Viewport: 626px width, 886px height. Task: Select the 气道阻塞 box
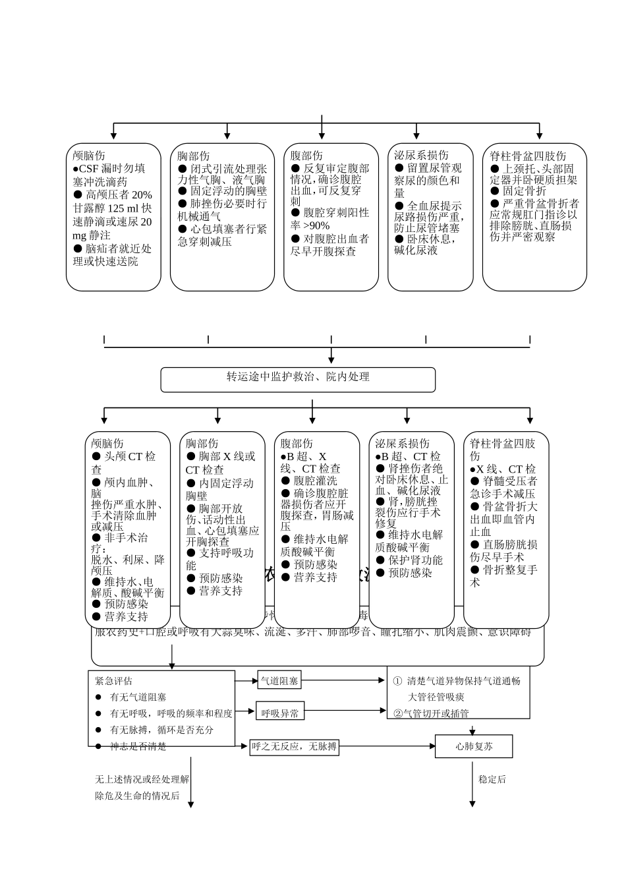coord(279,681)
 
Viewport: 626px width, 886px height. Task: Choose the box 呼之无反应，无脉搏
coord(294,747)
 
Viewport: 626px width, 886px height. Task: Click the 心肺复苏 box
coord(474,747)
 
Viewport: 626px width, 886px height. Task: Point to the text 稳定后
coord(492,779)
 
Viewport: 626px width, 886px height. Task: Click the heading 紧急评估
coord(113,681)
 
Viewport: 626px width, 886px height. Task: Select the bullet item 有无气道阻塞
coord(137,697)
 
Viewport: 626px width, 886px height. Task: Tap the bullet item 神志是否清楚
coord(137,746)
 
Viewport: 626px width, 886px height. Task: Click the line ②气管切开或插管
coord(431,713)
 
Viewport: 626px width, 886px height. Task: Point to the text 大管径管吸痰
coord(436,697)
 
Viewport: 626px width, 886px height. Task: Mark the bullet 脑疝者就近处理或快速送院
coord(112,255)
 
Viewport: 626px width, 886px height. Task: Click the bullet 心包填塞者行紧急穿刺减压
coord(222,235)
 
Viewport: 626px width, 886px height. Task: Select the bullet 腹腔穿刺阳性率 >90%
coord(329,219)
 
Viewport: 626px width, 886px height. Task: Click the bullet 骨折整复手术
coord(503,576)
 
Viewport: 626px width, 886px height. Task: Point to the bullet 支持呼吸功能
coord(219,559)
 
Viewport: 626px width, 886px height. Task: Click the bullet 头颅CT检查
coord(124,463)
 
